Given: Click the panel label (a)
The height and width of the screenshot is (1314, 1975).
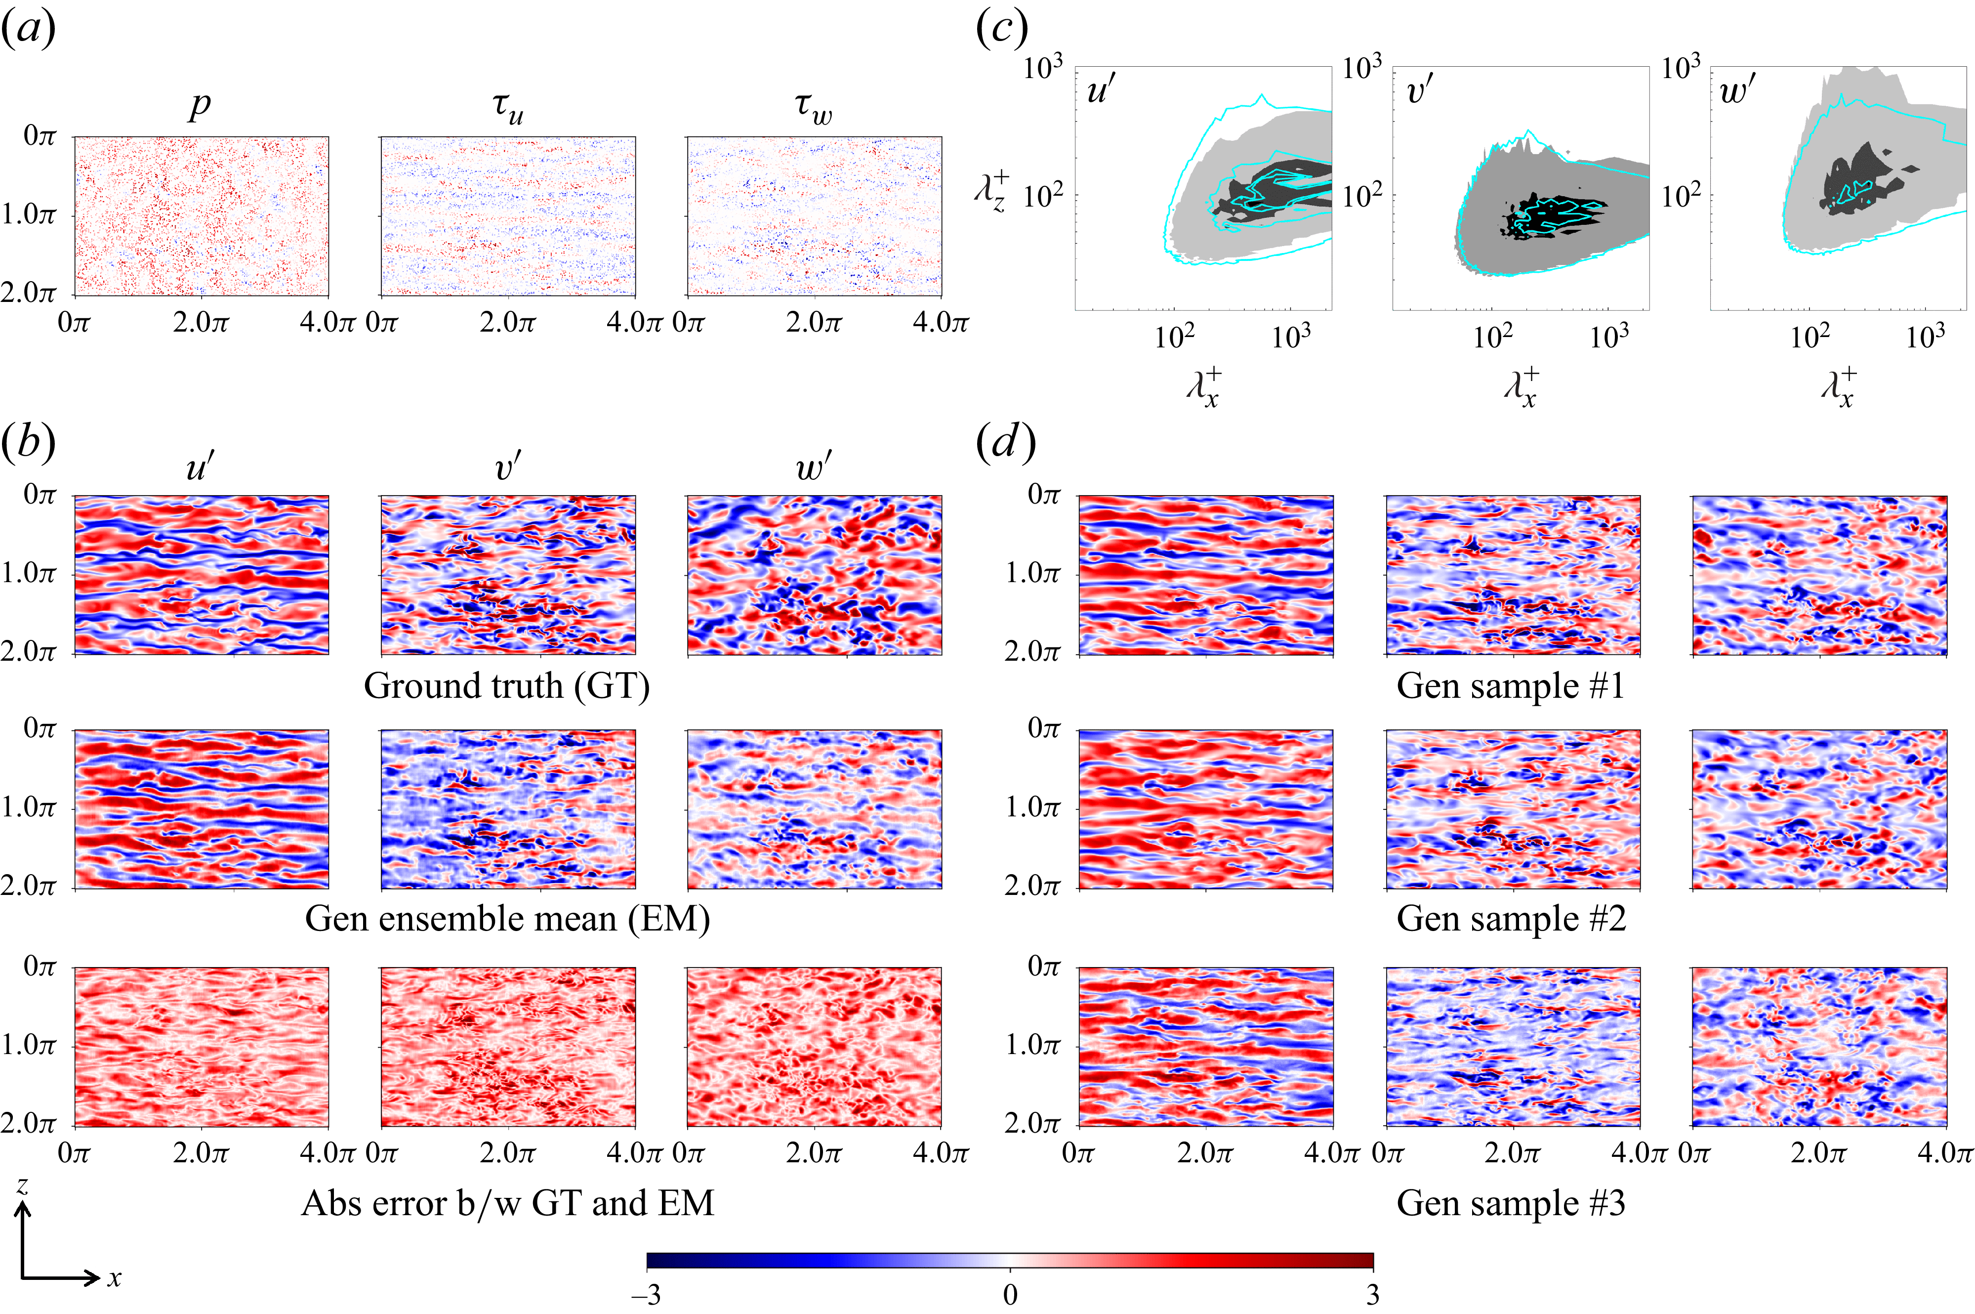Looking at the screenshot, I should pos(29,29).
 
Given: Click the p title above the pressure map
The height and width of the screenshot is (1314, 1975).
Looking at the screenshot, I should pos(200,105).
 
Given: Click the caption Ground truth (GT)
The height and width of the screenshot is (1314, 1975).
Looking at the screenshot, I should pos(507,685).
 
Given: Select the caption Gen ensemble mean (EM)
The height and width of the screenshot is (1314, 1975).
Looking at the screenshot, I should pos(507,919).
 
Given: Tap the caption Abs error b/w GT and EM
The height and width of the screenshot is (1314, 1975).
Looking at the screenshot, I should pos(507,1203).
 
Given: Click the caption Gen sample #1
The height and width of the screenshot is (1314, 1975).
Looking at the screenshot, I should pos(1510,685).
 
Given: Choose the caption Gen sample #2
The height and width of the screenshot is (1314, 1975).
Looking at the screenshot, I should pos(1510,919).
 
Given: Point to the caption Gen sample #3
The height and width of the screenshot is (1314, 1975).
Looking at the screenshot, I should pos(1510,1203).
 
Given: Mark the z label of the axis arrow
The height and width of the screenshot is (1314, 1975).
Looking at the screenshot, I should pos(23,1185).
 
